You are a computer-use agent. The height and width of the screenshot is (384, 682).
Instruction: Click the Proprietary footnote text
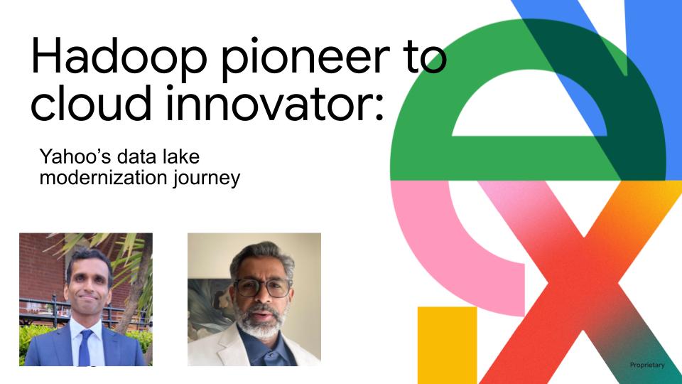coord(647,365)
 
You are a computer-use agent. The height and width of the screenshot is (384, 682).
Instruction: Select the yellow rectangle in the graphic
coord(447,345)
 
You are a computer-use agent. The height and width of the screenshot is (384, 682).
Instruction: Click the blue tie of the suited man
coord(85,348)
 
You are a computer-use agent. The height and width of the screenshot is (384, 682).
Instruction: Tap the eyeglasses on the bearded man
coord(263,287)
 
